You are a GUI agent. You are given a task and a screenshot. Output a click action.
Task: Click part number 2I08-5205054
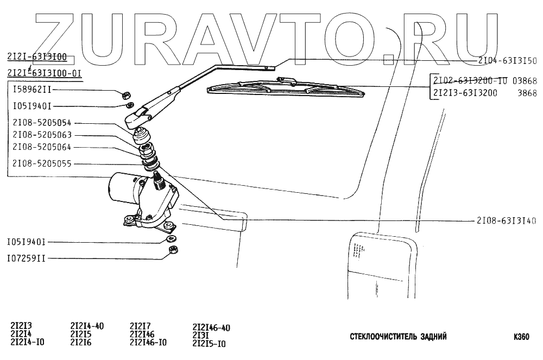[x=42, y=123]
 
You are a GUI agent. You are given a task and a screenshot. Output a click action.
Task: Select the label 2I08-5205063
[x=42, y=135]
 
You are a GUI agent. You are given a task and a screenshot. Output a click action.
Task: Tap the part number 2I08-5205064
[x=42, y=147]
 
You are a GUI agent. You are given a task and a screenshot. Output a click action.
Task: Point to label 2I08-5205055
[x=42, y=163]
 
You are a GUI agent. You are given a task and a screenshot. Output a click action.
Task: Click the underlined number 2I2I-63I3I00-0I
[x=44, y=73]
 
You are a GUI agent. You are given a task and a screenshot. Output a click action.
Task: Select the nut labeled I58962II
[x=124, y=94]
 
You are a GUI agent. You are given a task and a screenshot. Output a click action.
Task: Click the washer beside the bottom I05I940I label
[x=171, y=238]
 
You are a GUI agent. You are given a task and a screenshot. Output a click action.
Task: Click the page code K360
[x=521, y=337]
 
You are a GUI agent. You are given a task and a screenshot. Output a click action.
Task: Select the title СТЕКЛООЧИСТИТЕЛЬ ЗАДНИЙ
[x=399, y=337]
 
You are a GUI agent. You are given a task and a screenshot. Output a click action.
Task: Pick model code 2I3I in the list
[x=201, y=336]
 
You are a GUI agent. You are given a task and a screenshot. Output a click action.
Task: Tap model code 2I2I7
[x=141, y=326]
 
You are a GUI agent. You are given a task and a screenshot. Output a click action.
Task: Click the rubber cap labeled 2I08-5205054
[x=142, y=134]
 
